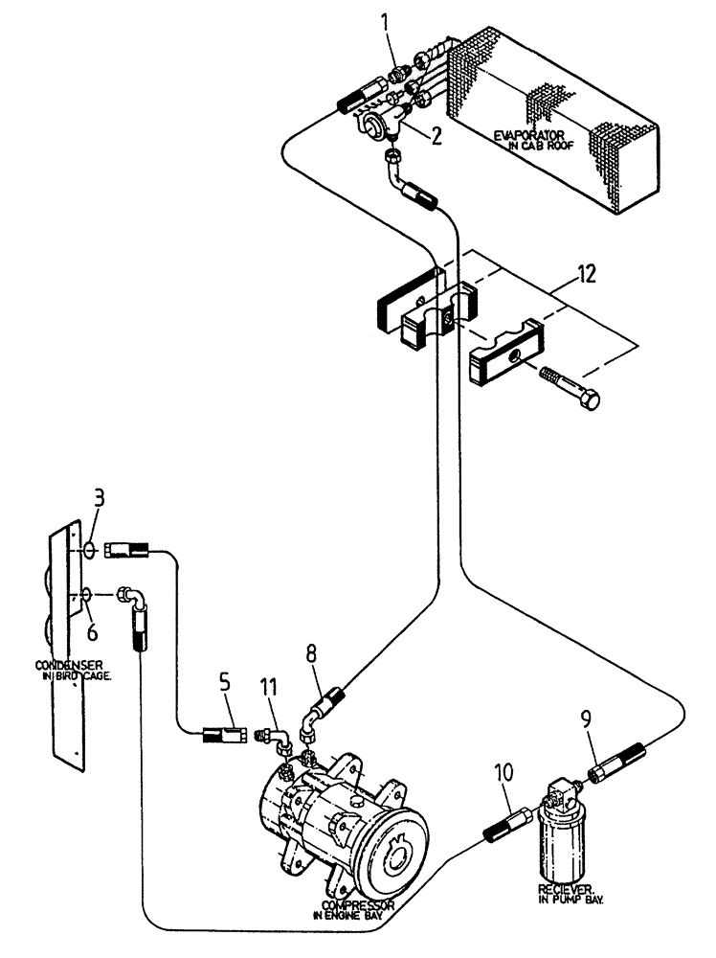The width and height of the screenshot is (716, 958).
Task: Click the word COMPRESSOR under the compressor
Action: tap(356, 904)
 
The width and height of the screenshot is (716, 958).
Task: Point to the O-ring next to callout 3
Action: tap(88, 550)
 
